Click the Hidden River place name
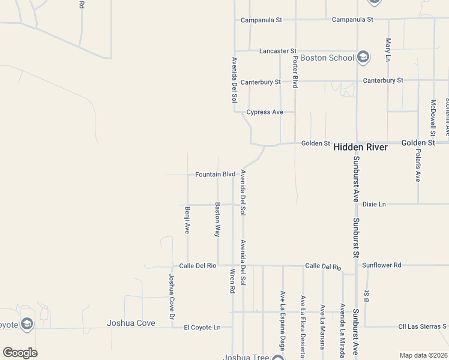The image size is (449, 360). (360, 146)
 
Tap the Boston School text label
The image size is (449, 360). (327, 58)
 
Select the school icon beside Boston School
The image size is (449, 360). (363, 58)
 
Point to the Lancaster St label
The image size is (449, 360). (278, 51)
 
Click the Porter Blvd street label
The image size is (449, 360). (295, 72)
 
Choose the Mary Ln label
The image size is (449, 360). (388, 50)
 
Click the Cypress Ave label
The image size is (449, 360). (265, 112)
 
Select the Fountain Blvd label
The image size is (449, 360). (215, 175)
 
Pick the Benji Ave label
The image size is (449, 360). (187, 220)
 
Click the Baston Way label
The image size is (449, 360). (218, 220)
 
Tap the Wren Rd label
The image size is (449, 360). (232, 281)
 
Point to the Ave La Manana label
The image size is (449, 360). (322, 326)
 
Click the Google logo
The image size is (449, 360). (20, 353)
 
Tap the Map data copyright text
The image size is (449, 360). (423, 355)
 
